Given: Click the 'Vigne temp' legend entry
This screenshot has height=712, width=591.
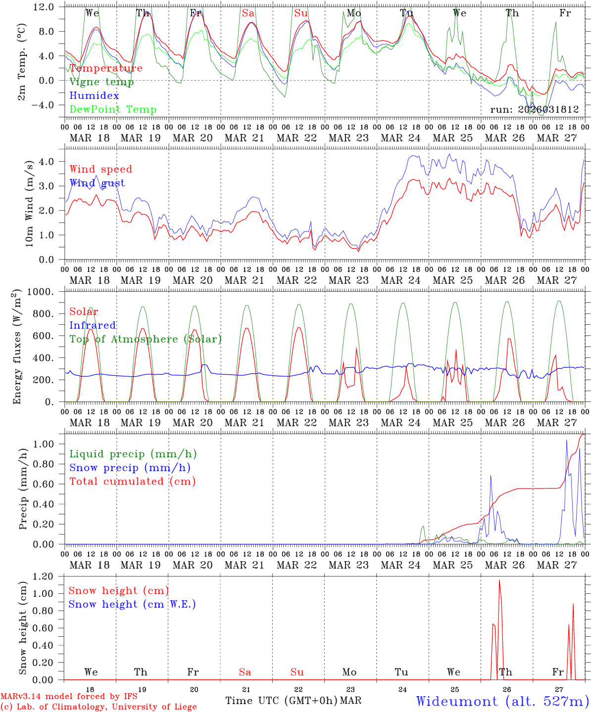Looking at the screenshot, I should (101, 82).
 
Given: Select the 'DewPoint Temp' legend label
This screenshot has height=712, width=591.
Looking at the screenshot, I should (113, 110).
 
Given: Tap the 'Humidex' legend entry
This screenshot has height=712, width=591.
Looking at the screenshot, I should (94, 96).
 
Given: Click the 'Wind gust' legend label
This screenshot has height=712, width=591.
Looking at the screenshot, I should (97, 183).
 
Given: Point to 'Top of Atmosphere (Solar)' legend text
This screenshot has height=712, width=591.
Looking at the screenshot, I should (146, 339).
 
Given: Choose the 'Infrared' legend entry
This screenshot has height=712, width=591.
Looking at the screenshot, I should (93, 325).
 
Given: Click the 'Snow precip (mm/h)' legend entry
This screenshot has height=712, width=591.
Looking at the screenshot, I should (130, 468).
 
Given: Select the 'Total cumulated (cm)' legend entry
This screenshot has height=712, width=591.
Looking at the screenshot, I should (133, 482).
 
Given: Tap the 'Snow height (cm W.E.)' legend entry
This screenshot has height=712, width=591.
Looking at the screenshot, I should (132, 604).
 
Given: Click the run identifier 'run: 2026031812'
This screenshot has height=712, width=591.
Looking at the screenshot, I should (535, 110).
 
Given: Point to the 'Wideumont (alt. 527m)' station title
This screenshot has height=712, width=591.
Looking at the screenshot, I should (502, 701).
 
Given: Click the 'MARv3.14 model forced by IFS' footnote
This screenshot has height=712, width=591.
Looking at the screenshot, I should (69, 697).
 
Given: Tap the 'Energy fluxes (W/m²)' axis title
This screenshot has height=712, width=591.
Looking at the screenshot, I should (17, 346).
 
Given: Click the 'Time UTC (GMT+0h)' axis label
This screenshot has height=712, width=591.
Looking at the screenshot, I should (282, 701).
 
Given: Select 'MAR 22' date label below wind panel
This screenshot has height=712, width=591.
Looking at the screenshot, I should (296, 280).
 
